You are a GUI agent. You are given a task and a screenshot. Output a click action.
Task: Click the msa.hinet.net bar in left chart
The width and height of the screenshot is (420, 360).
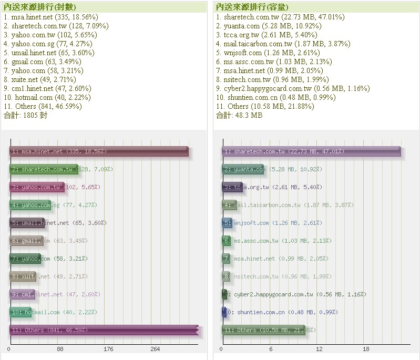(x=99, y=151)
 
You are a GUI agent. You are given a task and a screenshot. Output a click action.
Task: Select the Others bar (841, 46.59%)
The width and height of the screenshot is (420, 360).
(x=104, y=330)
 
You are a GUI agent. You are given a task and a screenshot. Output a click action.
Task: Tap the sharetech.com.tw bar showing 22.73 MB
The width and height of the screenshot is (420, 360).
(x=311, y=151)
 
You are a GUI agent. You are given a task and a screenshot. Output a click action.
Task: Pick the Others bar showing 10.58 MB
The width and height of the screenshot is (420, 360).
(x=263, y=330)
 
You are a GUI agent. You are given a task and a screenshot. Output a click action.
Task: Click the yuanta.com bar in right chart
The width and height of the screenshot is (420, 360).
(x=243, y=169)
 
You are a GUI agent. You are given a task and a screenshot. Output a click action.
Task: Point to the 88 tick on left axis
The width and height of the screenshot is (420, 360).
(x=60, y=349)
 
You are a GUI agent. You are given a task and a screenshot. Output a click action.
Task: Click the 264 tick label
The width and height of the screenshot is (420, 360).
(x=155, y=349)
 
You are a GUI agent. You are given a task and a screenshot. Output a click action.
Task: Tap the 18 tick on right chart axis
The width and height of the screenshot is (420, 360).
(x=366, y=349)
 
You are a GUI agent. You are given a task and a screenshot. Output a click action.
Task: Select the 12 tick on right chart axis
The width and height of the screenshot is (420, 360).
(x=319, y=349)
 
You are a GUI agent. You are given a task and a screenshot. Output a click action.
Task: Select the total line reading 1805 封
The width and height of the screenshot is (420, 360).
(x=25, y=115)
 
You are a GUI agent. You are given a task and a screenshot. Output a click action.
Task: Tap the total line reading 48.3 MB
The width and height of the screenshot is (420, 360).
(x=239, y=115)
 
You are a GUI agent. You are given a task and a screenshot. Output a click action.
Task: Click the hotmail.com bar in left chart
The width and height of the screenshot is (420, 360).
(x=21, y=312)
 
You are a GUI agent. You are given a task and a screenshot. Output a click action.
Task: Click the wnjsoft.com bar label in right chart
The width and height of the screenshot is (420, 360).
(x=251, y=223)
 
